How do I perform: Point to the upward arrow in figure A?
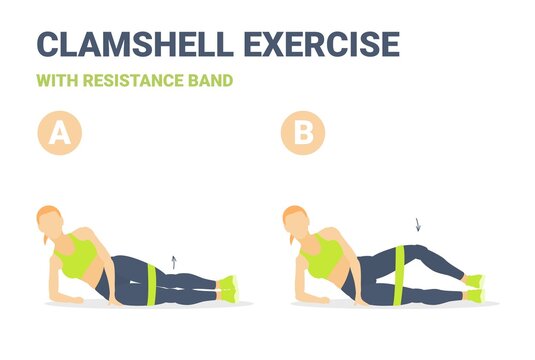point(173,261)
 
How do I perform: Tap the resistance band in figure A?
point(151,278)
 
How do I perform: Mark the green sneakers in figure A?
point(229,287)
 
